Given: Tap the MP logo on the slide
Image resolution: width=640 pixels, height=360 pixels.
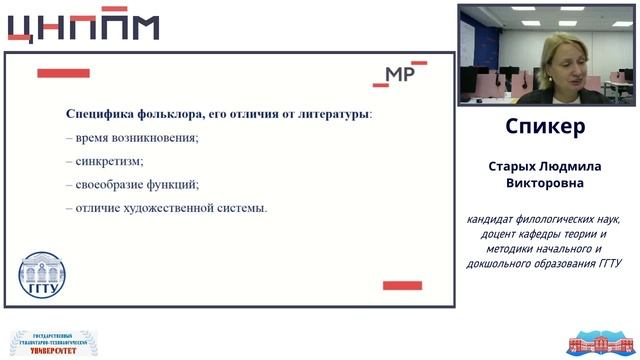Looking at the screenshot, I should [404, 73].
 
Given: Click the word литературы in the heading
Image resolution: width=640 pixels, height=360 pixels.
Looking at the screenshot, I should [330, 114].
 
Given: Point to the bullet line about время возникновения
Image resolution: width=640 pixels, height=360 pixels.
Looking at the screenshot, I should [132, 137].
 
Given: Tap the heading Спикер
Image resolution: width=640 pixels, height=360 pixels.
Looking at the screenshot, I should [545, 128].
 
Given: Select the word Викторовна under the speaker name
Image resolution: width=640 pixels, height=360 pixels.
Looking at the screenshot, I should [545, 185].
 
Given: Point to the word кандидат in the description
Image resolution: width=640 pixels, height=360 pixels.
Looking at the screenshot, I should [493, 219].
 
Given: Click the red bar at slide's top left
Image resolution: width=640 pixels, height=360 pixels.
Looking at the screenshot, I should [63, 73].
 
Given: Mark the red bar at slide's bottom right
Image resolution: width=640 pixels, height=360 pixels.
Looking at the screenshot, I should [402, 286].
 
